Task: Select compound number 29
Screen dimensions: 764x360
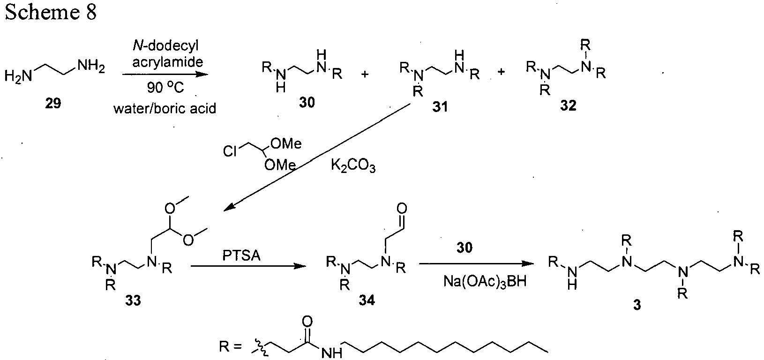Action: pyautogui.click(x=53, y=103)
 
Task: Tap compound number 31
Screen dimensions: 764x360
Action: pyautogui.click(x=440, y=107)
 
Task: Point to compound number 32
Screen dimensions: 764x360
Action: pyautogui.click(x=568, y=106)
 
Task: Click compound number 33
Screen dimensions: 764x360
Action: pyautogui.click(x=133, y=300)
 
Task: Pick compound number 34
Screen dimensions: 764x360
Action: pyautogui.click(x=367, y=300)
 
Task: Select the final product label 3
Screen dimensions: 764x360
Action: pyautogui.click(x=637, y=305)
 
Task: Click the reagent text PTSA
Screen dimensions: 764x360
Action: pyautogui.click(x=241, y=255)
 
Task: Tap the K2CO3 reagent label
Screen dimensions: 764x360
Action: pyautogui.click(x=353, y=166)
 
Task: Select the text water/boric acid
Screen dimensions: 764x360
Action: pyautogui.click(x=165, y=108)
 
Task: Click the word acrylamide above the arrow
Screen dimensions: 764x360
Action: pyautogui.click(x=167, y=62)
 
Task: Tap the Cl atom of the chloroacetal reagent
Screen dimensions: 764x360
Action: pyautogui.click(x=230, y=151)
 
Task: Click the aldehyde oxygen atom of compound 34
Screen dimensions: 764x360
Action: pyautogui.click(x=402, y=208)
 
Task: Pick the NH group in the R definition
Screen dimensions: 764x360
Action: pyautogui.click(x=332, y=353)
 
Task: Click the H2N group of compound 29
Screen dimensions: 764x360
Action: pyautogui.click(x=18, y=76)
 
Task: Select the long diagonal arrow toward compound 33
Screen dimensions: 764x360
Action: pyautogui.click(x=317, y=157)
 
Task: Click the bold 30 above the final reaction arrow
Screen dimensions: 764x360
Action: pyautogui.click(x=464, y=247)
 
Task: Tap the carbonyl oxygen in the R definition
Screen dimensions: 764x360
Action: pyautogui.click(x=307, y=322)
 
